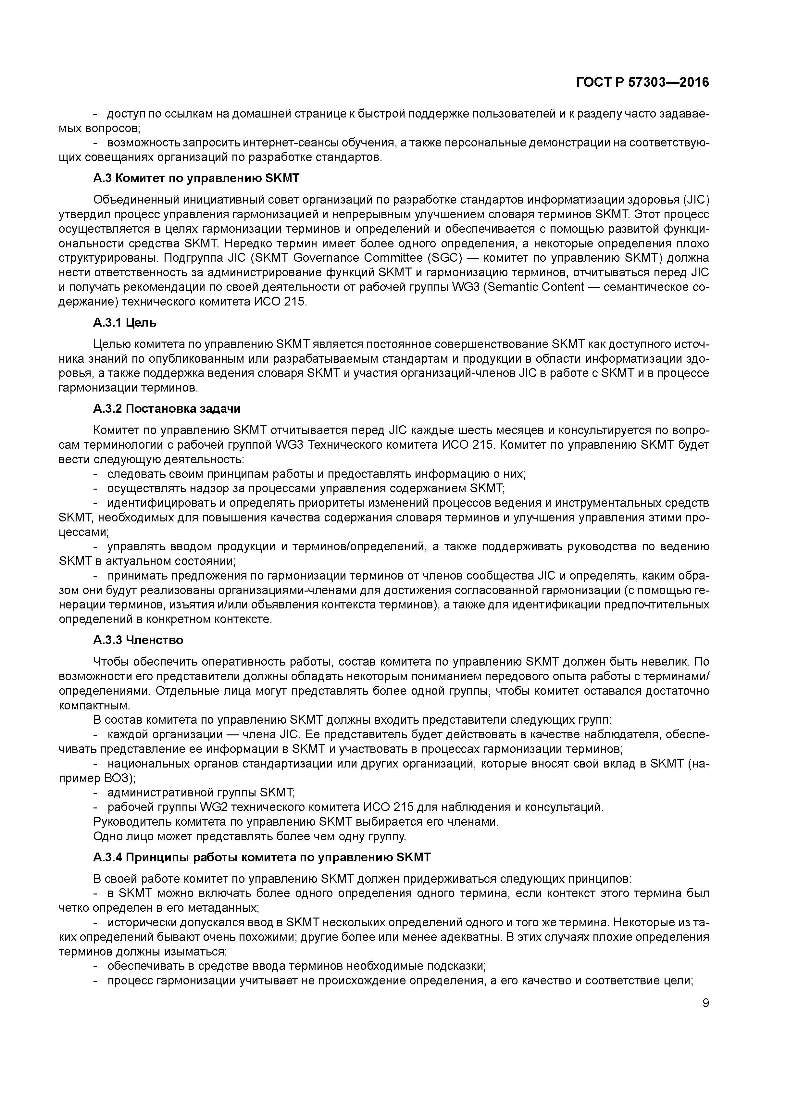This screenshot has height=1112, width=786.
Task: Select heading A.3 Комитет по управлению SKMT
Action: coord(196,178)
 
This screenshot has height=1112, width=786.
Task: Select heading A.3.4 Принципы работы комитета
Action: coord(262,858)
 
